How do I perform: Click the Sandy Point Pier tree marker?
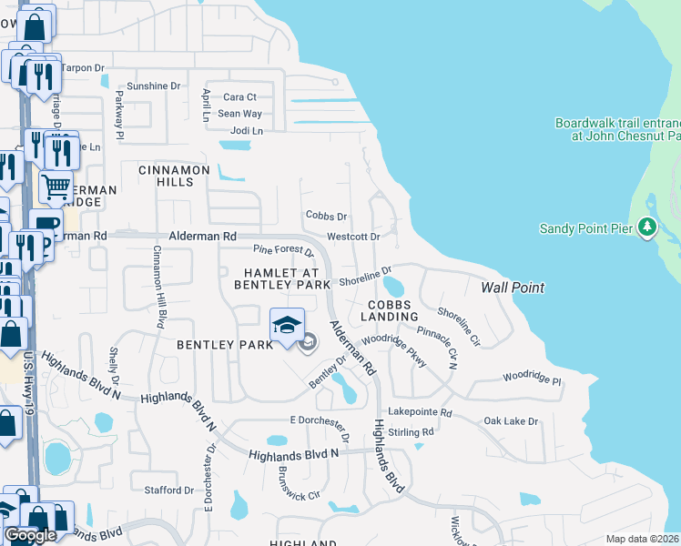tap(646, 227)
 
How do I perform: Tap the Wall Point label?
tap(513, 288)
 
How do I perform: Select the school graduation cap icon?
tap(286, 325)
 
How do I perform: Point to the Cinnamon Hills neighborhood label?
tap(174, 176)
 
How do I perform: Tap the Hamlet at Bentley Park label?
tap(281, 278)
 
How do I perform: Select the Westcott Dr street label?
tap(353, 237)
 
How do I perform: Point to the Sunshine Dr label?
tap(154, 86)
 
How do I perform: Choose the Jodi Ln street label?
tap(245, 131)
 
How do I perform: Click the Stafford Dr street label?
tap(169, 490)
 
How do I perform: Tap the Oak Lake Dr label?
tap(511, 421)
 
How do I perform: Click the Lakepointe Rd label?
tap(420, 412)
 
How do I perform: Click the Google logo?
tap(30, 535)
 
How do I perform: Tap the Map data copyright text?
tap(643, 539)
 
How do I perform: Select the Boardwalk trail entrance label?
tap(617, 129)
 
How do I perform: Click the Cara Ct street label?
tap(240, 97)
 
